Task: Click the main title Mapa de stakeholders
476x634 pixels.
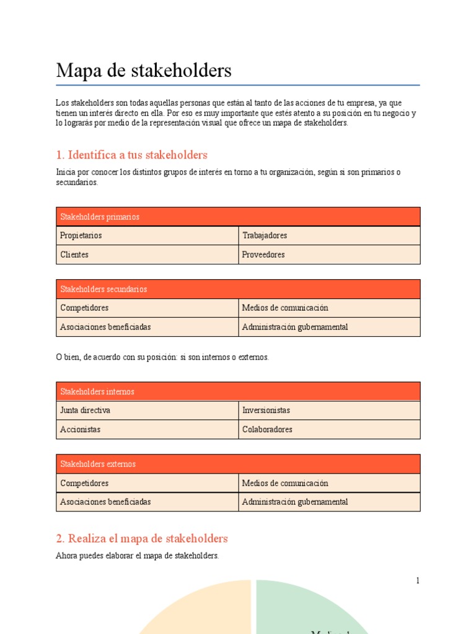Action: click(x=144, y=71)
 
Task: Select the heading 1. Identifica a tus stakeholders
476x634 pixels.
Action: click(x=131, y=155)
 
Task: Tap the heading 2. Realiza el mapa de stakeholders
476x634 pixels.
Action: click(x=142, y=539)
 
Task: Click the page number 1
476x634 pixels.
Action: click(x=418, y=580)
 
